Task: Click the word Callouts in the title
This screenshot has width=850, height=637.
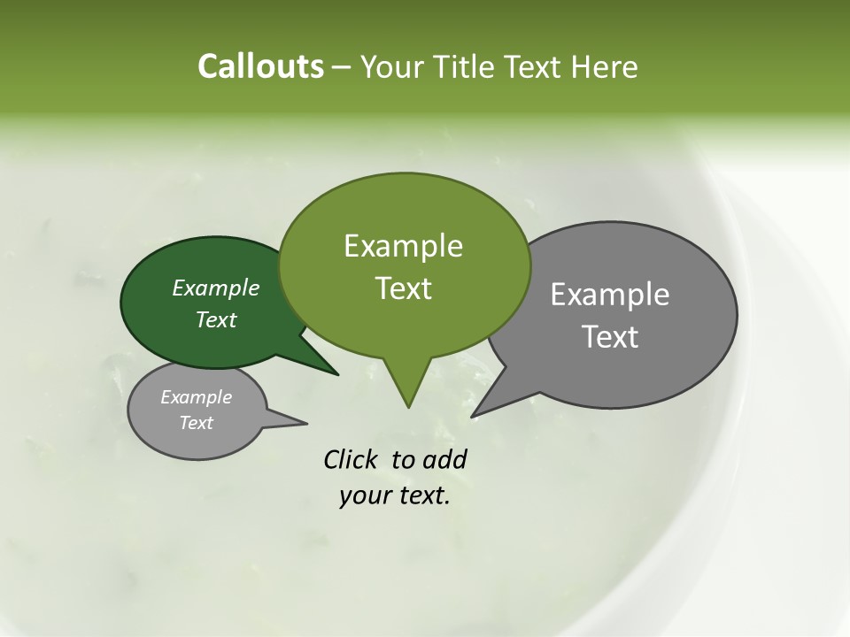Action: click(x=260, y=66)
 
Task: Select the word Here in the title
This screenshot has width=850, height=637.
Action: click(x=606, y=66)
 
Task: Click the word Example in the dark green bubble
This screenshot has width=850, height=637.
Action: click(x=216, y=288)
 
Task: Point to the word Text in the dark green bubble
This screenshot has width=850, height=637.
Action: click(x=216, y=319)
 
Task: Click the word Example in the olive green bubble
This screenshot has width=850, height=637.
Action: click(x=403, y=246)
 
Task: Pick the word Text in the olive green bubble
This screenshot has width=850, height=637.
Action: click(x=403, y=288)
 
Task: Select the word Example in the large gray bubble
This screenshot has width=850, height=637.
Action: click(x=610, y=295)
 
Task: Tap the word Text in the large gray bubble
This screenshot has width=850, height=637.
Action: click(x=610, y=337)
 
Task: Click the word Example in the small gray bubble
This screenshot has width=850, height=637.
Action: click(x=197, y=397)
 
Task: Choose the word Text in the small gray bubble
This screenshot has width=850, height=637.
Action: click(x=197, y=423)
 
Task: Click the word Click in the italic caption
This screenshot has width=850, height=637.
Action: click(x=352, y=460)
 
